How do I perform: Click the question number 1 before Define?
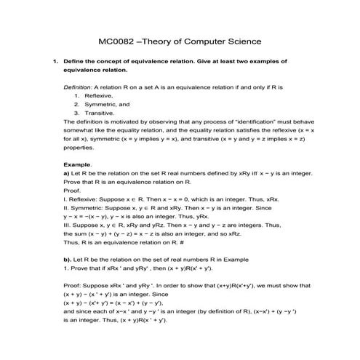coord(55,62)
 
